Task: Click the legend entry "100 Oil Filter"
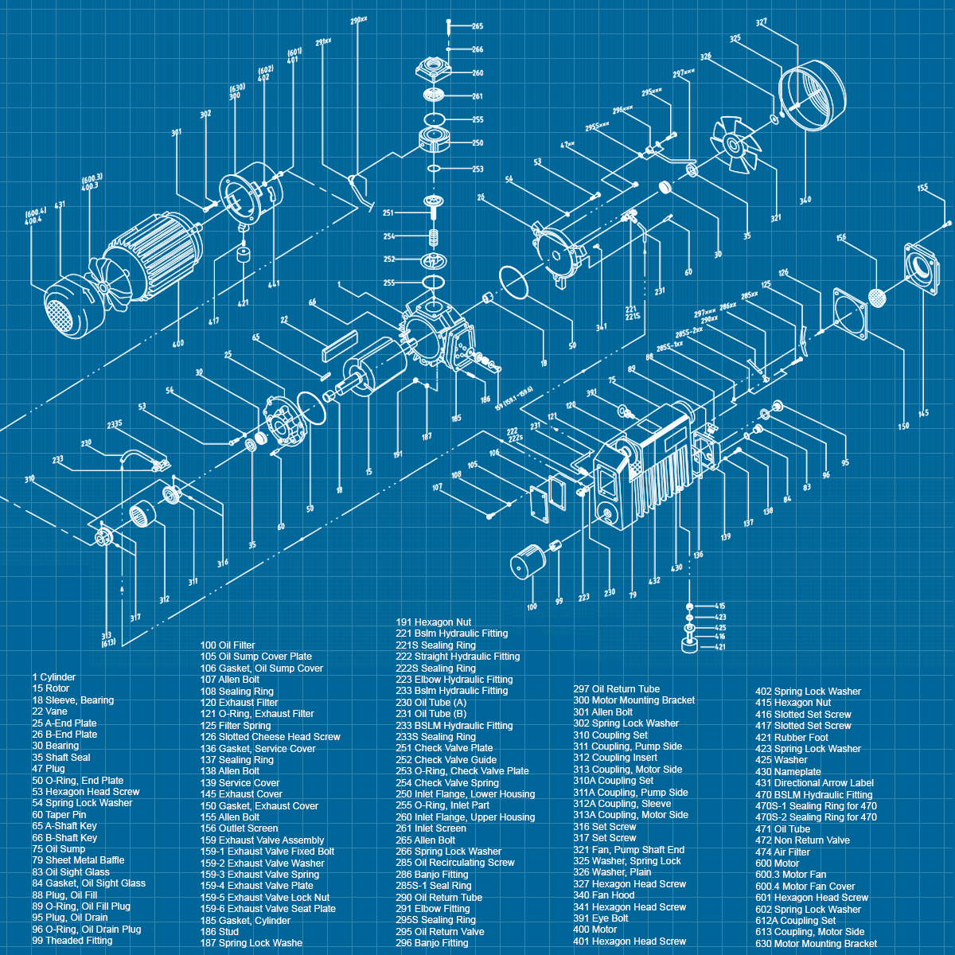point(228,645)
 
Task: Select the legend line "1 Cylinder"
point(54,677)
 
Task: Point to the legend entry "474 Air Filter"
point(782,852)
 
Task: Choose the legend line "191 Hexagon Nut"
point(434,622)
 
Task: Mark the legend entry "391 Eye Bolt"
point(602,918)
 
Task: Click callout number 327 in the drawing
point(762,23)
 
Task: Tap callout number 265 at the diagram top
point(477,26)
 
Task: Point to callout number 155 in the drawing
point(922,189)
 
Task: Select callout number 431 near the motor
point(60,205)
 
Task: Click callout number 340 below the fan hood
point(805,200)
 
